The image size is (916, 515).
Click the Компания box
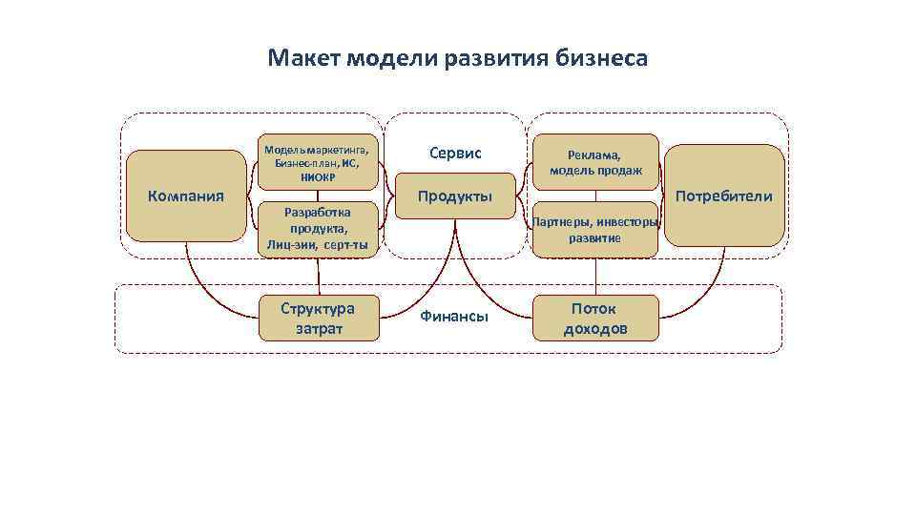[186, 196]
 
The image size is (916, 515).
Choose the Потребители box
[724, 196]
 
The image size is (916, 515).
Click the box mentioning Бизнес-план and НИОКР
[318, 162]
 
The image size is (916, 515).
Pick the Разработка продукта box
[318, 229]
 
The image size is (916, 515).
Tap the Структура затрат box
[318, 319]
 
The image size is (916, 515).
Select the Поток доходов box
[595, 319]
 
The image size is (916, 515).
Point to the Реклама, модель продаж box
[595, 162]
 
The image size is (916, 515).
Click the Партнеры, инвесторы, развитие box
[595, 230]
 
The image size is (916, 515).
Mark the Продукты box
[455, 196]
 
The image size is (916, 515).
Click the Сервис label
[455, 153]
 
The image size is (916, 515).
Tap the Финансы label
[454, 317]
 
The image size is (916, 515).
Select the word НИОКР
[318, 175]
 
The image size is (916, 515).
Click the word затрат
[318, 329]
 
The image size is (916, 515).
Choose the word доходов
[595, 329]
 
